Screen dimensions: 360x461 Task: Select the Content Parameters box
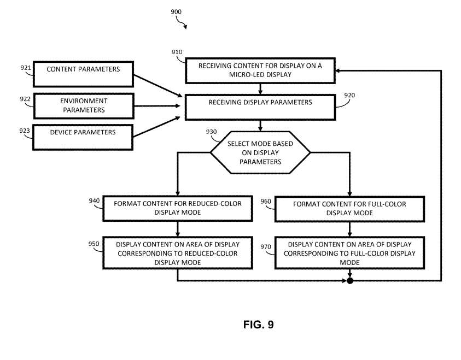[x=83, y=74]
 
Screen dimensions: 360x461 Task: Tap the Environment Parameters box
[x=83, y=105]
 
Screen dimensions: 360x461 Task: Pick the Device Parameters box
[x=83, y=136]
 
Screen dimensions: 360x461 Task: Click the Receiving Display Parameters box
[x=260, y=105]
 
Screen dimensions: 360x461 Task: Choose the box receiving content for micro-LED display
[x=260, y=70]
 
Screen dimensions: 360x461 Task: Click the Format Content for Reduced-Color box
[x=178, y=208]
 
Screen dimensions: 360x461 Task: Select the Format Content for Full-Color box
[x=350, y=208]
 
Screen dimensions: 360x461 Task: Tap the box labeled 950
[x=178, y=253]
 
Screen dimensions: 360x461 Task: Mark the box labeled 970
[x=350, y=253]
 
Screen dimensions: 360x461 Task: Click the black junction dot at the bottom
[x=350, y=281]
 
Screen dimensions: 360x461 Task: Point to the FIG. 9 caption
[x=258, y=325]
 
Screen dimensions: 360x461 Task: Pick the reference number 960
[x=266, y=201]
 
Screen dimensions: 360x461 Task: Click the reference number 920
[x=349, y=95]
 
